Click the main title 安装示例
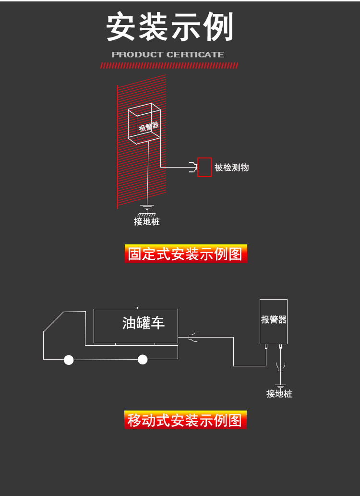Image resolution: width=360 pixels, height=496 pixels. (x=170, y=26)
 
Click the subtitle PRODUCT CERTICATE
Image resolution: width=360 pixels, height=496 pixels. (x=168, y=54)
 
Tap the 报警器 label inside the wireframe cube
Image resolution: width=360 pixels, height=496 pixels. (x=149, y=126)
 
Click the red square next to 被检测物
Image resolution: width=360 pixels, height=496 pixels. (x=204, y=167)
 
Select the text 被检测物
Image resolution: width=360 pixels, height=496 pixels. (x=231, y=168)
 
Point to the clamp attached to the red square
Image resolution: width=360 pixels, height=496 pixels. (x=193, y=167)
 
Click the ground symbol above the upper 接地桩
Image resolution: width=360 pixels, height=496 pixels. (x=147, y=210)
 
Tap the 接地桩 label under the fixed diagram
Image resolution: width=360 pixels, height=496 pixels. (x=147, y=221)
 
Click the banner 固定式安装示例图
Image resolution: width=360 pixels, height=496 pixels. (x=186, y=254)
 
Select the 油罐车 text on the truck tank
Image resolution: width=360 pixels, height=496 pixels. (x=144, y=323)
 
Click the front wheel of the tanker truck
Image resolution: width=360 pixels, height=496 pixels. (x=69, y=360)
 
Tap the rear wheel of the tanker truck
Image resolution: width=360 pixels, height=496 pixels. (x=143, y=359)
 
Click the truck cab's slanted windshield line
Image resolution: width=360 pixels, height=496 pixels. (x=53, y=322)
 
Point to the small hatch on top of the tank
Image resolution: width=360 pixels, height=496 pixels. (x=136, y=307)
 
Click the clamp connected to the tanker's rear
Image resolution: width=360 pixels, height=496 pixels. (x=192, y=337)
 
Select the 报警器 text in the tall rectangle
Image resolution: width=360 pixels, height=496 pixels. (x=274, y=319)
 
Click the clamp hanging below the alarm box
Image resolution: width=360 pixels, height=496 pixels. (x=280, y=367)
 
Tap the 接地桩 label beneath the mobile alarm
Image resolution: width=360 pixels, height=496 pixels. (x=279, y=394)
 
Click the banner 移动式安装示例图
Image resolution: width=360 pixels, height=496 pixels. (x=185, y=420)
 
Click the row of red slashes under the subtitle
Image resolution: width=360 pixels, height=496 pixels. (x=169, y=65)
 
